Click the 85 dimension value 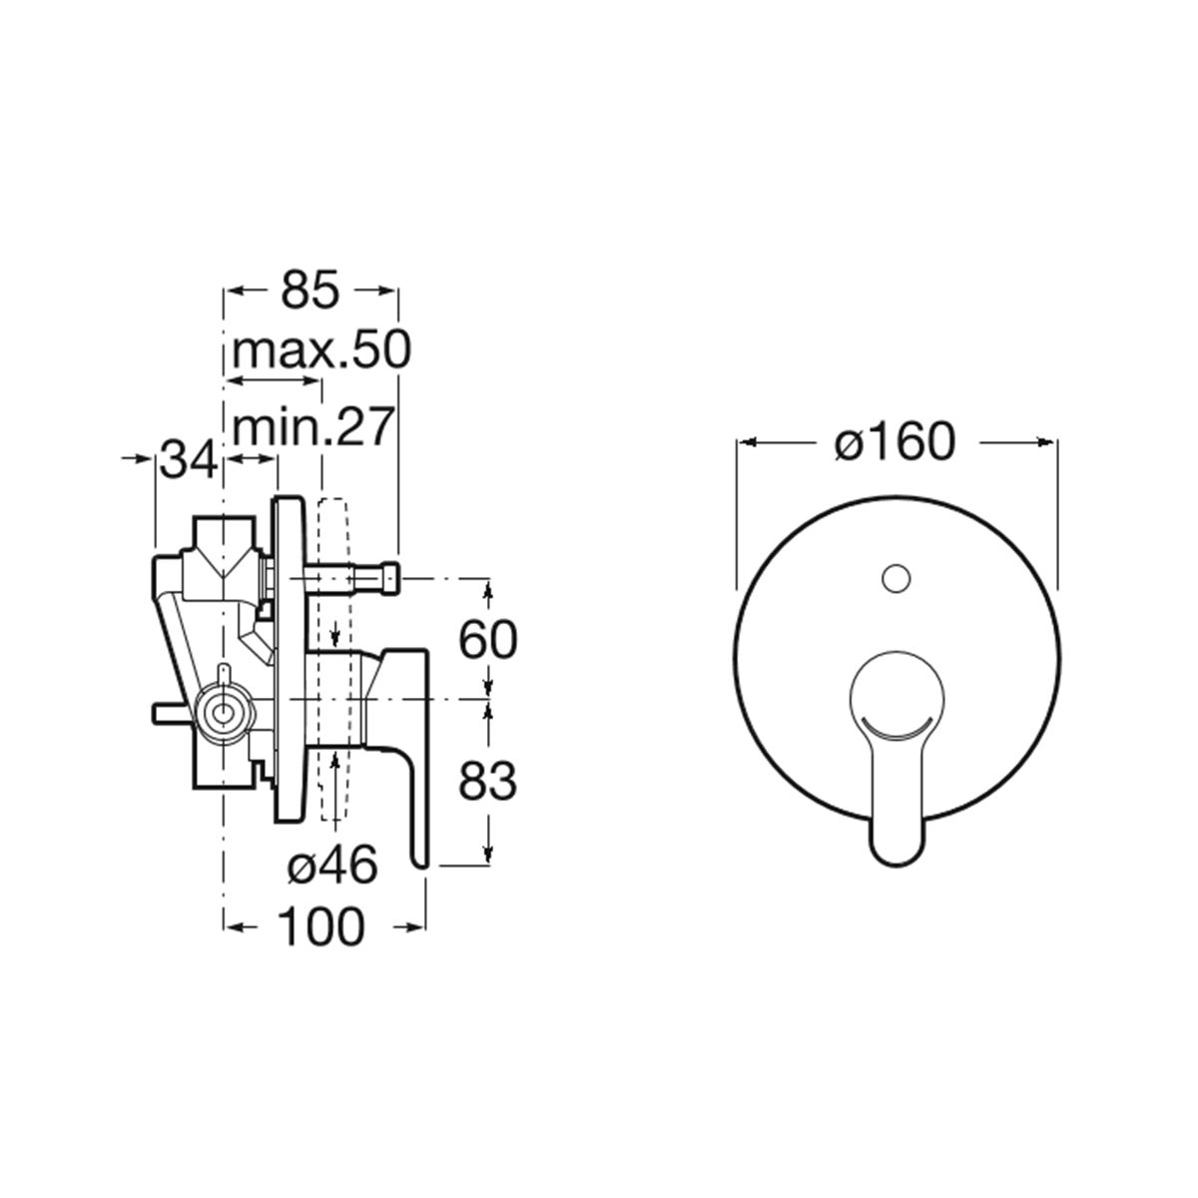[310, 290]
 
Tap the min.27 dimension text [313, 427]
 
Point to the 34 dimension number [188, 458]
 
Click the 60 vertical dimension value [487, 640]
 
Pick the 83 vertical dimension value [487, 781]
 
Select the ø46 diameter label [332, 865]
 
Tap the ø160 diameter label [896, 442]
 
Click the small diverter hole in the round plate [896, 578]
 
